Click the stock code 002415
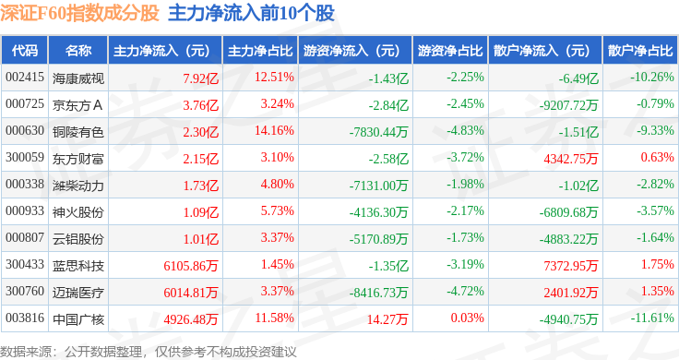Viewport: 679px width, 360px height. tap(25, 78)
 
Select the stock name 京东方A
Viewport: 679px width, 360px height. tap(77, 105)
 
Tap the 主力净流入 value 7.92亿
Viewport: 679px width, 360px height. tap(200, 78)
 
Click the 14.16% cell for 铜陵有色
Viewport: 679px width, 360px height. tap(274, 130)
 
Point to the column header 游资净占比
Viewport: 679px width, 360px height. tap(450, 51)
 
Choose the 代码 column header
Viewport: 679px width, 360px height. tap(25, 51)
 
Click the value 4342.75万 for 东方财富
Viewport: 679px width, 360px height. tap(571, 159)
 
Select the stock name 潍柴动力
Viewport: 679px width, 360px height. tap(77, 186)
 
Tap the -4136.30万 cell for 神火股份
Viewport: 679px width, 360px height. tap(378, 212)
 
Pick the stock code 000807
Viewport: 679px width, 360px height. tap(25, 237)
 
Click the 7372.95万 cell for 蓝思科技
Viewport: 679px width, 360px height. tap(571, 266)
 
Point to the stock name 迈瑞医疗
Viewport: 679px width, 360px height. tap(77, 293)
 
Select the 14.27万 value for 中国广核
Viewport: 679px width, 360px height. tap(387, 319)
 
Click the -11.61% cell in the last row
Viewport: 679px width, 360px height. tap(652, 318)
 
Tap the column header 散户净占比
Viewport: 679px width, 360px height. tap(640, 51)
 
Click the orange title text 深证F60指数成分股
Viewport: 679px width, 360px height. tap(79, 14)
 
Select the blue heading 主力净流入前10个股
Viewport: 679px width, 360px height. tap(251, 14)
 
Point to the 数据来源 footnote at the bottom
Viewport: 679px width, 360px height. tap(149, 352)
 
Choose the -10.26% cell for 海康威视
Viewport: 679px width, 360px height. tap(652, 78)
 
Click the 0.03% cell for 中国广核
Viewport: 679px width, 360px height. tap(467, 318)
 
